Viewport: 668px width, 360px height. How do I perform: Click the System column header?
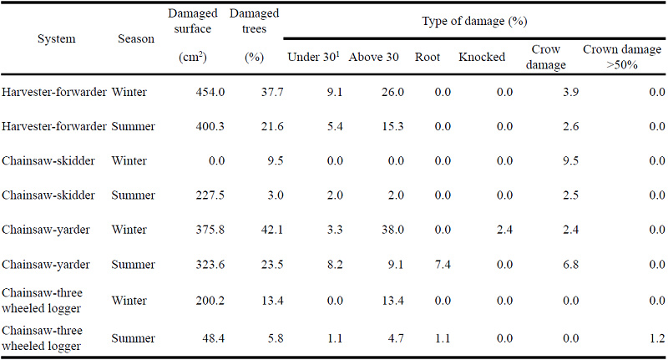(x=56, y=38)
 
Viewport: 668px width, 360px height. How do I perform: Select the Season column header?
(x=137, y=38)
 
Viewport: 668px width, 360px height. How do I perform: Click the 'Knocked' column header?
(x=482, y=57)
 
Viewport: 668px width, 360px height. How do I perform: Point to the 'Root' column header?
(x=428, y=57)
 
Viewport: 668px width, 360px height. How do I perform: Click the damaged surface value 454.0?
(x=209, y=92)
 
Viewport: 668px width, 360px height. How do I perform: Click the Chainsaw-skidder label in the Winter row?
(x=49, y=160)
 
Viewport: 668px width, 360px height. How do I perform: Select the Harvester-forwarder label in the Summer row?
(x=54, y=126)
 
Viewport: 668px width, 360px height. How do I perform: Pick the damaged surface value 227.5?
(x=209, y=195)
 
